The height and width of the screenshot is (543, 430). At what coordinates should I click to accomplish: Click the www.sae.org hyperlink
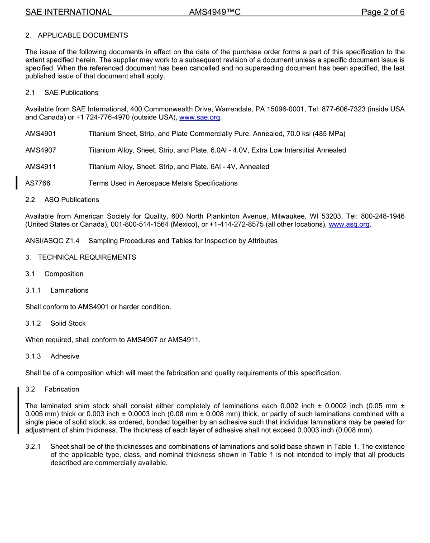[200, 117]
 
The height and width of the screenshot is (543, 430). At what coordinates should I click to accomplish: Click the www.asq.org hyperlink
[349, 224]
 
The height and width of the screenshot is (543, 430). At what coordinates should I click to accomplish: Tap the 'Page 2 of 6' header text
[382, 12]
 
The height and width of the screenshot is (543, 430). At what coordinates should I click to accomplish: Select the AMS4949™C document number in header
[215, 12]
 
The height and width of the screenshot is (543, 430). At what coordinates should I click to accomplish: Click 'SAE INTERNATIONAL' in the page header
[68, 12]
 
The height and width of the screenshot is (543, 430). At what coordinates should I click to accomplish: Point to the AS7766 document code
[38, 183]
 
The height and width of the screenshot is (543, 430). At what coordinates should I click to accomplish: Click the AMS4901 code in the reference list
[41, 134]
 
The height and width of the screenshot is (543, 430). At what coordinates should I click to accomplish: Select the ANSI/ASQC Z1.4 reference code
[52, 241]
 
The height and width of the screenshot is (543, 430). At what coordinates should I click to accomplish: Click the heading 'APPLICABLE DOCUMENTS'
[83, 35]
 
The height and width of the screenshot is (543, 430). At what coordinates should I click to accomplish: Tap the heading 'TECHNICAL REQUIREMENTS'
[87, 257]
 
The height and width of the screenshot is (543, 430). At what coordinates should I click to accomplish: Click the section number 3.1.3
[33, 357]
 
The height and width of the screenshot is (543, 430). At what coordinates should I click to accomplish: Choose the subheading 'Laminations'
[69, 291]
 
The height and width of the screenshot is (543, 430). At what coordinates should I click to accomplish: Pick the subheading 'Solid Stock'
[68, 324]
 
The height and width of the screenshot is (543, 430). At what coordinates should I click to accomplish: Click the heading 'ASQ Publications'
[72, 200]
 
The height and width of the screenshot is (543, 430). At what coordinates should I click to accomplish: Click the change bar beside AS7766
[17, 183]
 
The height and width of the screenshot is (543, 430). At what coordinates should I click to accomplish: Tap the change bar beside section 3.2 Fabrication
[18, 410]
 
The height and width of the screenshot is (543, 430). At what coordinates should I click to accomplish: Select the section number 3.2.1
[33, 447]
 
